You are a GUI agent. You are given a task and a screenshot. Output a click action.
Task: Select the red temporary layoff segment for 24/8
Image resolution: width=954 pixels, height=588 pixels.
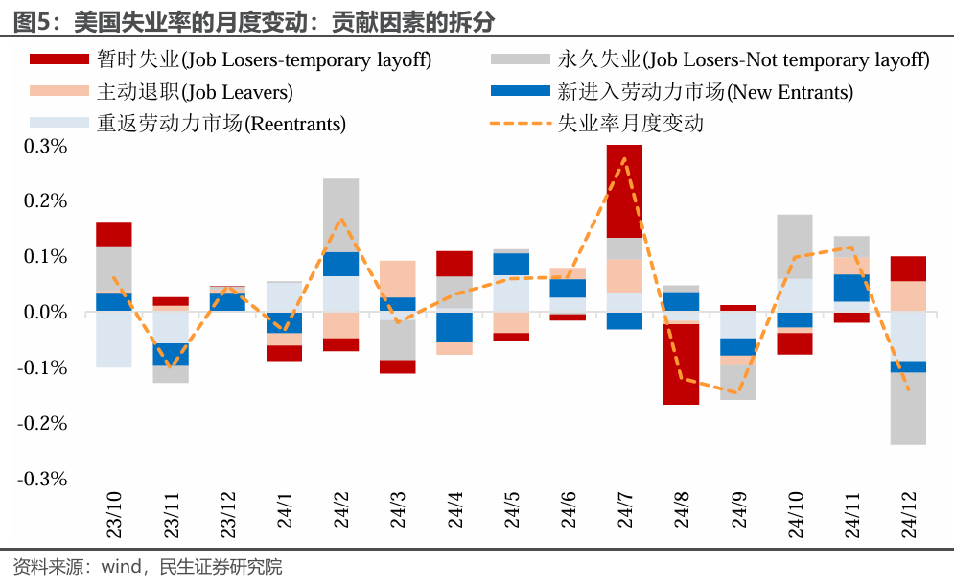pyautogui.click(x=681, y=365)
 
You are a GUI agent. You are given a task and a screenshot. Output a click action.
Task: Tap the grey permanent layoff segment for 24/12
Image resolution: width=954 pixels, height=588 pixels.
pyautogui.click(x=908, y=409)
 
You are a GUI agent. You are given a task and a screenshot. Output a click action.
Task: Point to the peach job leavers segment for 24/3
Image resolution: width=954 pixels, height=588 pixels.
pyautogui.click(x=397, y=278)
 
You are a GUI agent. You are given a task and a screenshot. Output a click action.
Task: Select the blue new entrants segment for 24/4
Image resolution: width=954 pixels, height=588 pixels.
pyautogui.click(x=454, y=327)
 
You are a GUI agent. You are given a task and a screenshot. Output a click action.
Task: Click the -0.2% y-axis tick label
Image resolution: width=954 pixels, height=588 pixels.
pyautogui.click(x=41, y=423)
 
